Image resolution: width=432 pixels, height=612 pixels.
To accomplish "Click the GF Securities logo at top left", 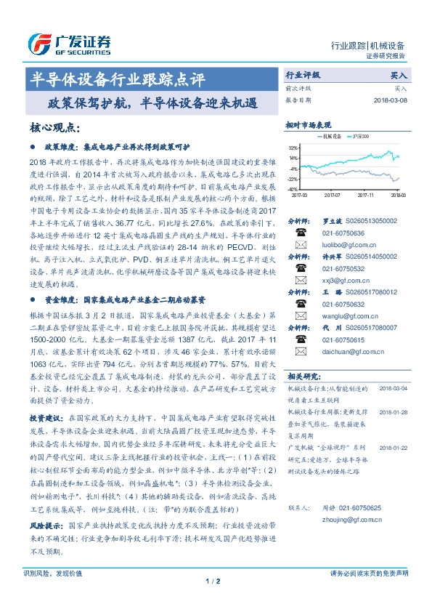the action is pos(69,44).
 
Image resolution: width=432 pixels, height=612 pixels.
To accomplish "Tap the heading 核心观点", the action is pos(54,128).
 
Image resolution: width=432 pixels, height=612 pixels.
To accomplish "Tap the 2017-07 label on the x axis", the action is pos(332,195).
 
